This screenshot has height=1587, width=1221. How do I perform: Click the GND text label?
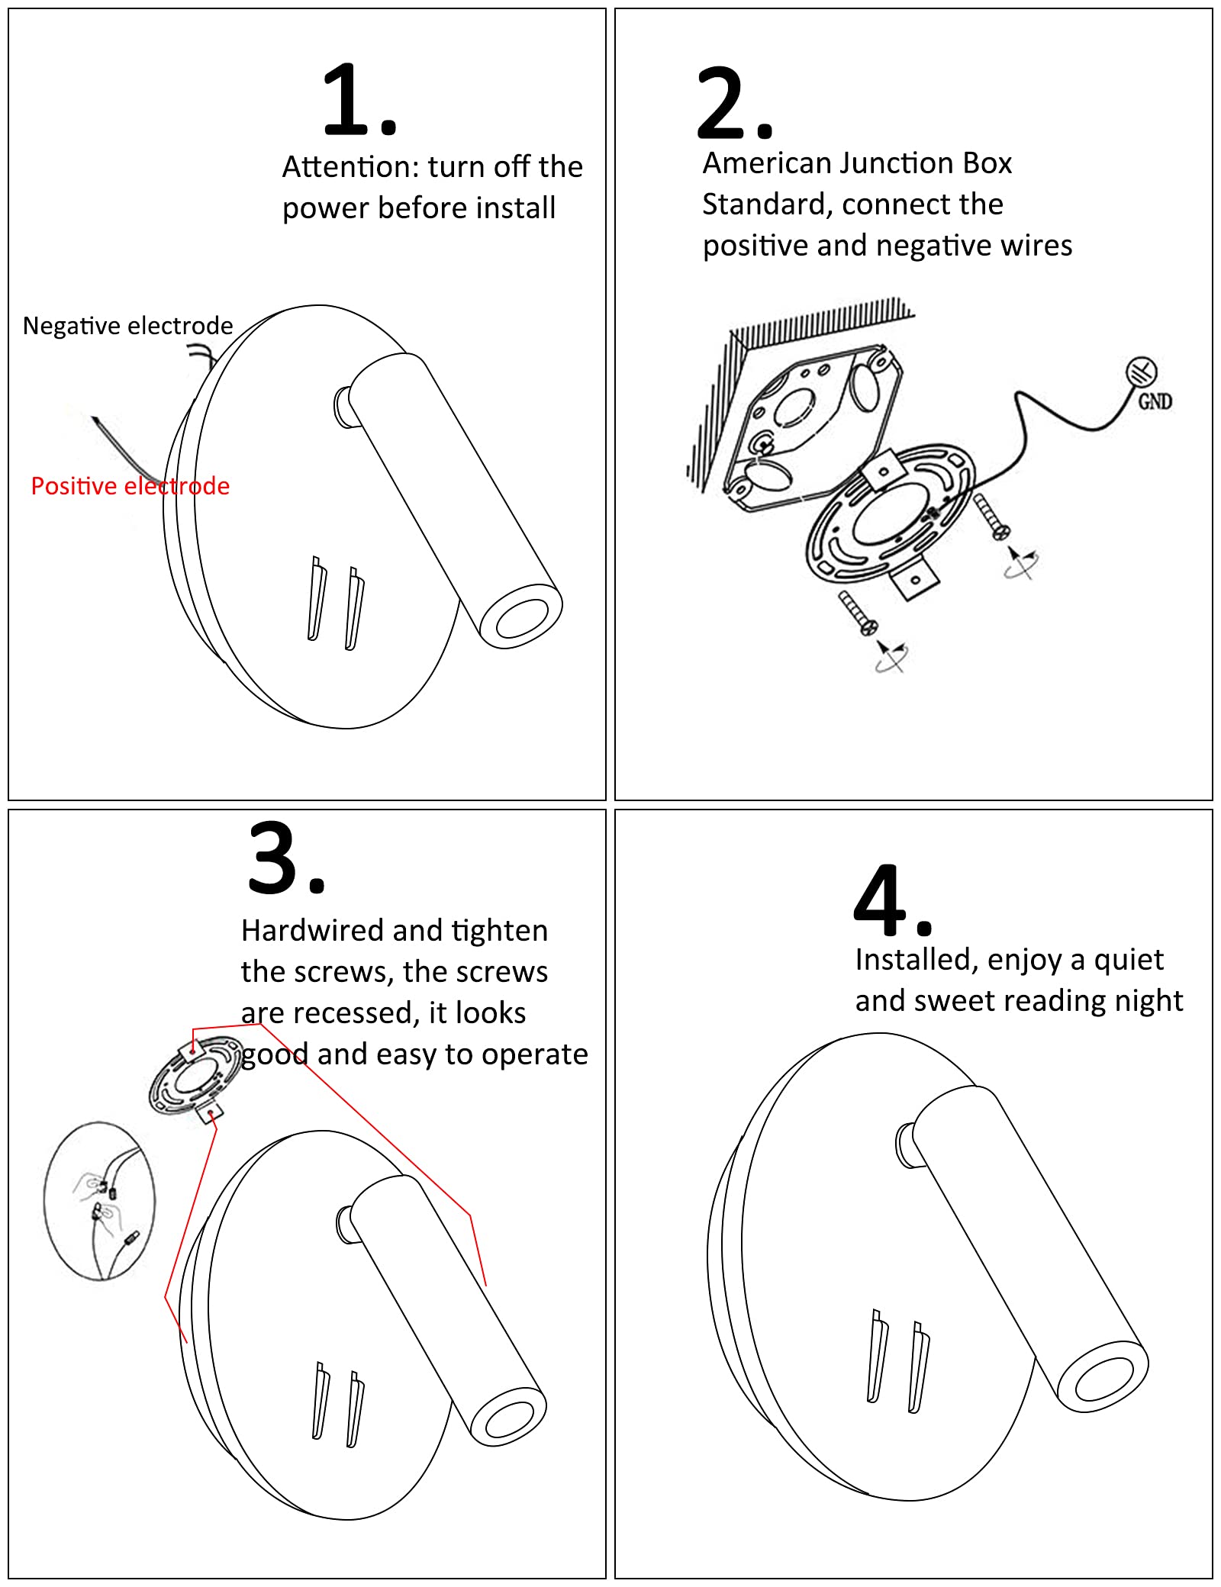pos(1155,401)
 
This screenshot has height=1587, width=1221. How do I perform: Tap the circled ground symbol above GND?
pos(1142,372)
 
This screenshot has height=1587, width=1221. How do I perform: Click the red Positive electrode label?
pos(130,486)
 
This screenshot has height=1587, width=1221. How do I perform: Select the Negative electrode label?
pos(127,326)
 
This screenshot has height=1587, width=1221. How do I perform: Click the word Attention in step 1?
pos(350,167)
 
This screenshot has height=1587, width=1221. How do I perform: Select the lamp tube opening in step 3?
pos(508,1418)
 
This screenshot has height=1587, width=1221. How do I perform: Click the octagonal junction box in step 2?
pos(809,427)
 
